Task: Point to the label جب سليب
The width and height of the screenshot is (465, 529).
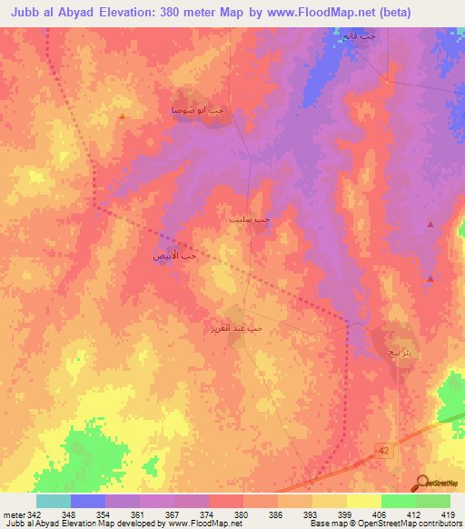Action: click(249, 219)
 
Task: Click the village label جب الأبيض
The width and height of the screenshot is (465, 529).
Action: click(174, 257)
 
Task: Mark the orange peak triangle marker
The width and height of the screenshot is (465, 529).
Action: click(122, 116)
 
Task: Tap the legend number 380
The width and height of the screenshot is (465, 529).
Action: click(241, 514)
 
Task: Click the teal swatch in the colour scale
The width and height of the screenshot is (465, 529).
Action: click(54, 501)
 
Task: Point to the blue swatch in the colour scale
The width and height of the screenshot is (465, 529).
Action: click(88, 501)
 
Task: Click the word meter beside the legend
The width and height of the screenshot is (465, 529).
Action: click(13, 514)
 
